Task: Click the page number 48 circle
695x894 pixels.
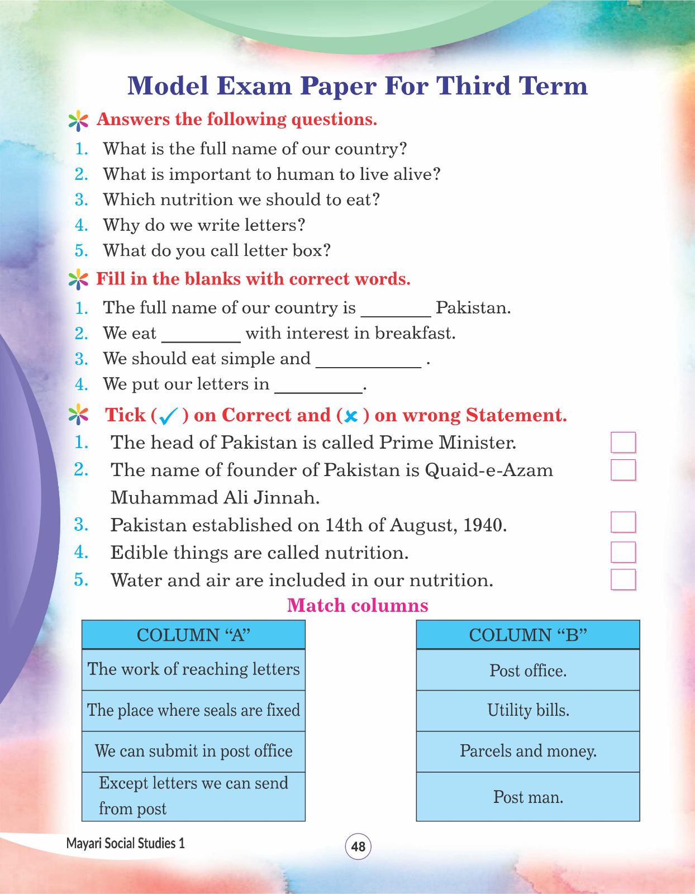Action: (x=358, y=846)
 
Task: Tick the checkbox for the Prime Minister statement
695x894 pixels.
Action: (x=623, y=442)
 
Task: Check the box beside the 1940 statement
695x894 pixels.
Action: (x=623, y=522)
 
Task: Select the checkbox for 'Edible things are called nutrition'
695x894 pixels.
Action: (x=623, y=551)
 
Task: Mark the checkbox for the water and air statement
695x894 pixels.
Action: (x=623, y=579)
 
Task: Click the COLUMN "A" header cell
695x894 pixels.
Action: (x=193, y=635)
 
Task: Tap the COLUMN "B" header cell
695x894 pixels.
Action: (x=528, y=635)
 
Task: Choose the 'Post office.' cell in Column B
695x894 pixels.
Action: (x=528, y=670)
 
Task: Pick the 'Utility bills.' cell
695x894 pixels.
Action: (x=528, y=710)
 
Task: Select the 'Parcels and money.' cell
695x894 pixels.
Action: (x=528, y=751)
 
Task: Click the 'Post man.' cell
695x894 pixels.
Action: (x=528, y=797)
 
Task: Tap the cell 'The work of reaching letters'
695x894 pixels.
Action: (x=193, y=669)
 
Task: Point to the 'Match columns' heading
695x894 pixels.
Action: (x=358, y=605)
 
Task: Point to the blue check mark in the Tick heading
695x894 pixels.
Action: (x=168, y=416)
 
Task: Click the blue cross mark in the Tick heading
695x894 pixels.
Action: (x=351, y=416)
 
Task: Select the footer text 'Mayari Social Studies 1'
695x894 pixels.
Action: (x=125, y=843)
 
